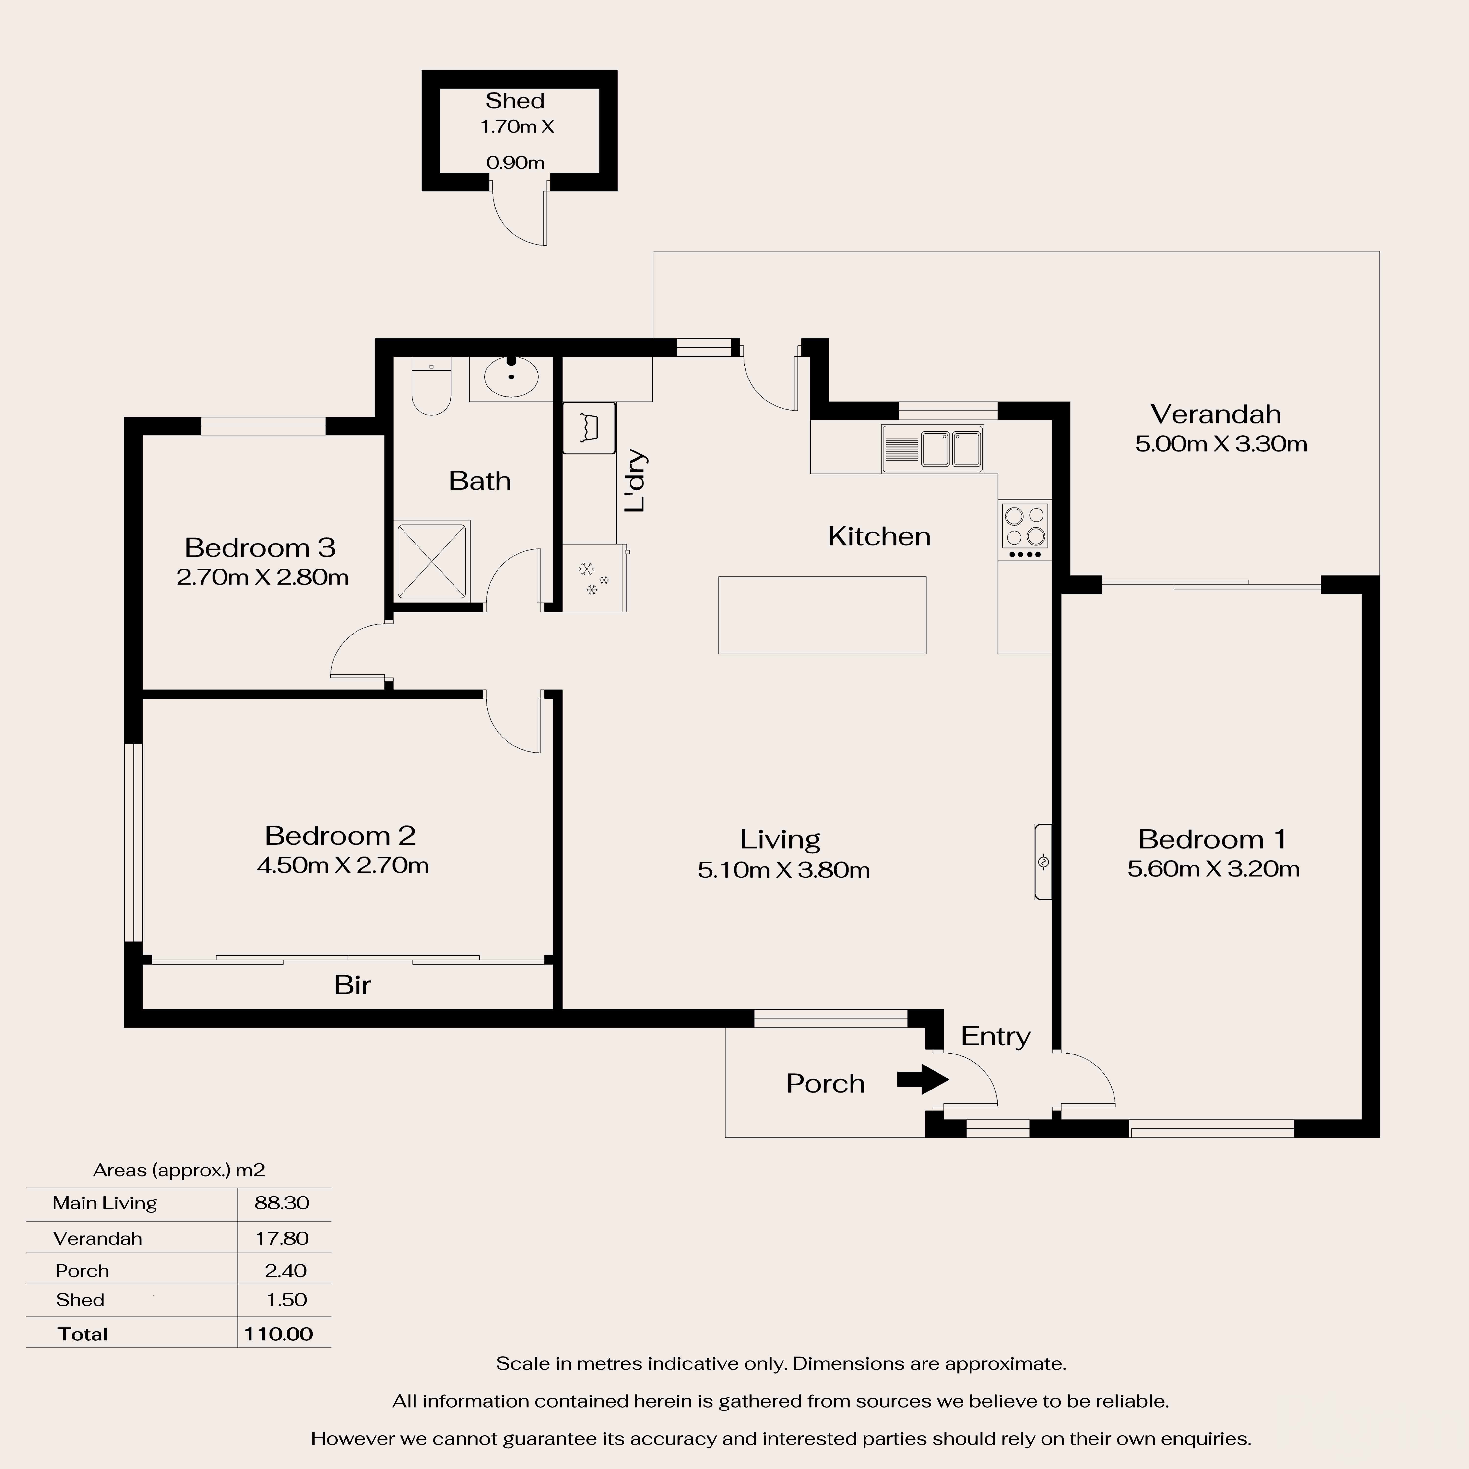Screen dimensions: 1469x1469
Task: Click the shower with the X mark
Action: click(x=432, y=560)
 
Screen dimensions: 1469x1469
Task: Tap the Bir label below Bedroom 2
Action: click(x=352, y=985)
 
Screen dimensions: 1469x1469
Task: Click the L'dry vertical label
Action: click(x=635, y=481)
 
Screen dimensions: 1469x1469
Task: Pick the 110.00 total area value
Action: click(x=278, y=1334)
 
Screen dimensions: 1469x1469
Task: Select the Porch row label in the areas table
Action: click(x=82, y=1270)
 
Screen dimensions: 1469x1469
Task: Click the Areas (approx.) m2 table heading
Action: click(x=179, y=1170)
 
